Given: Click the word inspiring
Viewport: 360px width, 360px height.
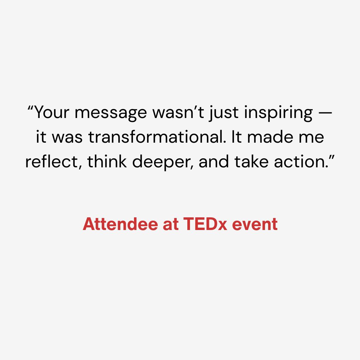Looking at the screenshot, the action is pyautogui.click(x=278, y=113).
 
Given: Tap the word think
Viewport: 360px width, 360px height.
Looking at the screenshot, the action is pyautogui.click(x=107, y=161).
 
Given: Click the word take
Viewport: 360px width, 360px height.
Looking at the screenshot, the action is pyautogui.click(x=251, y=161).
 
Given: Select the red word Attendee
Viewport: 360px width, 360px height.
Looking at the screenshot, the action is pyautogui.click(x=120, y=224).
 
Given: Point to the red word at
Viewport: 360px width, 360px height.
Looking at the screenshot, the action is pyautogui.click(x=171, y=224).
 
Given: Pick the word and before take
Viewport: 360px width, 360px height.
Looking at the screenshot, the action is pyautogui.click(x=214, y=161).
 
